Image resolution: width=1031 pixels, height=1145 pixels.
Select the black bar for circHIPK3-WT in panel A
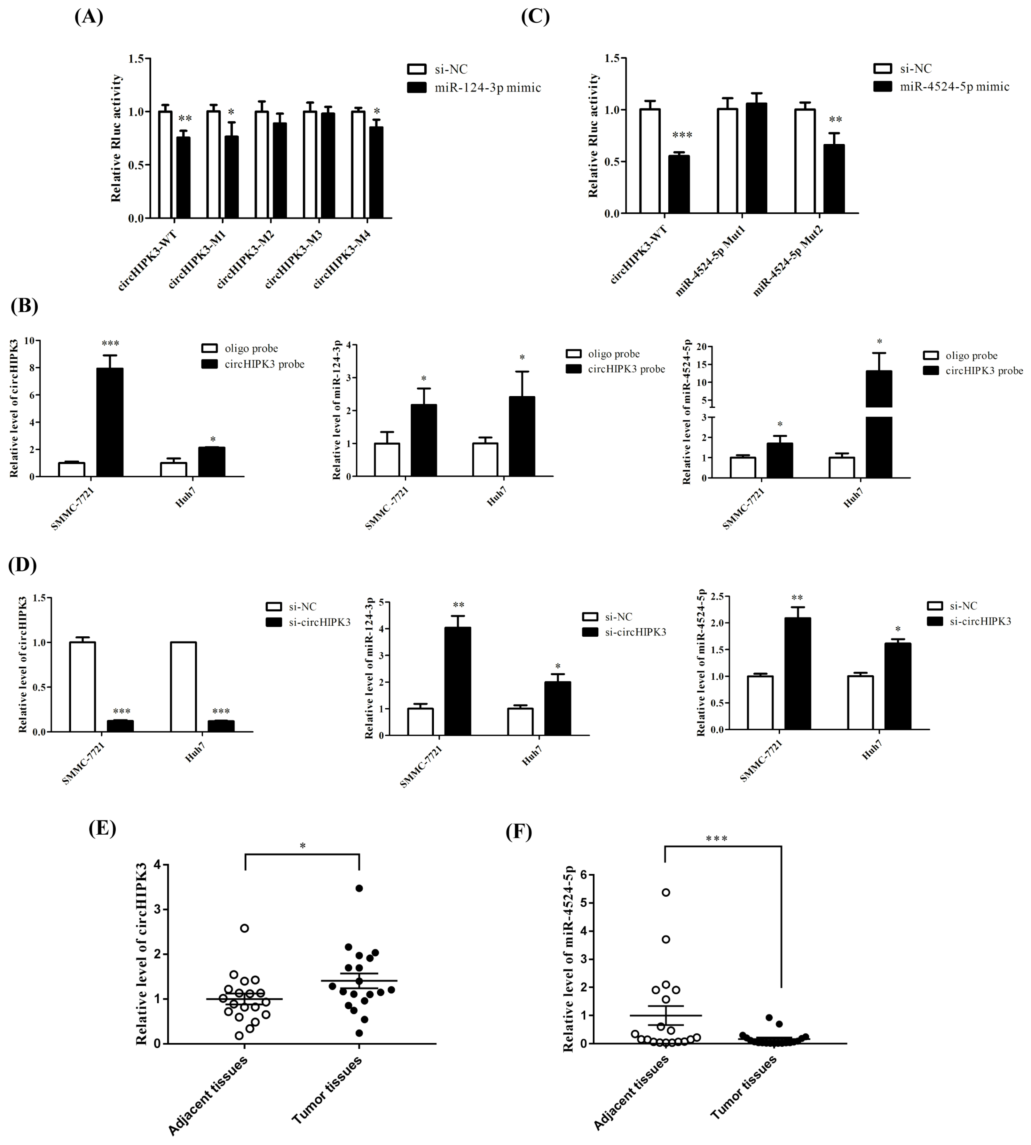tap(183, 178)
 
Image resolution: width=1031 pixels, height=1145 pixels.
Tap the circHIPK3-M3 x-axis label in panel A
tap(294, 259)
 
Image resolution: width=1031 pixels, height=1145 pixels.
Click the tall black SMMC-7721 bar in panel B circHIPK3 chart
tap(110, 422)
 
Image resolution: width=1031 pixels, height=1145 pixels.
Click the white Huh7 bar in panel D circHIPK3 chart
tap(183, 687)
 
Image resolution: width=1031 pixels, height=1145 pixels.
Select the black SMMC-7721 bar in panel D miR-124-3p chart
tap(457, 682)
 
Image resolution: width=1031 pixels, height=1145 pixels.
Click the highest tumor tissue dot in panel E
tap(358, 888)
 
